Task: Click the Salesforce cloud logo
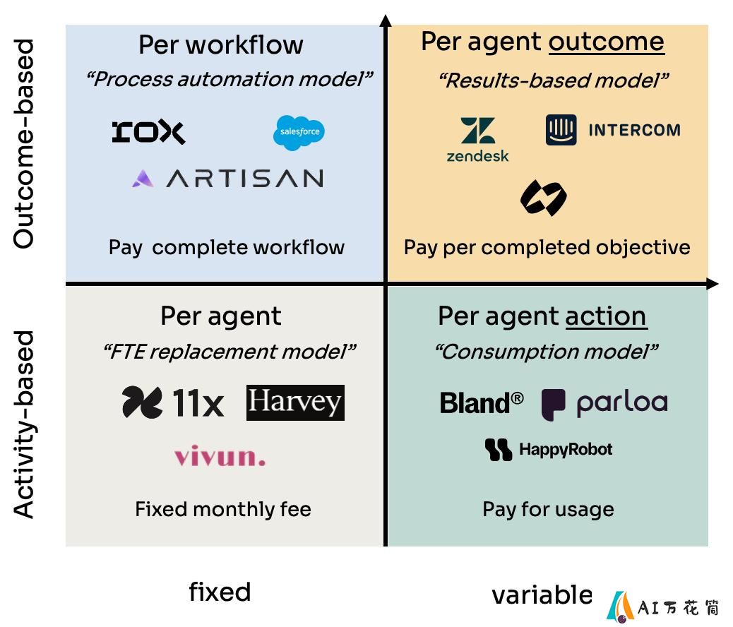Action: click(299, 133)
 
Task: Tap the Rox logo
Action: click(149, 132)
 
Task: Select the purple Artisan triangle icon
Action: click(143, 179)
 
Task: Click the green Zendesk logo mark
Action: click(477, 130)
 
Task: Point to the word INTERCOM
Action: click(634, 130)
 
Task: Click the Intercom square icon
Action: click(561, 129)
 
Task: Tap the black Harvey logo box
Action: click(295, 402)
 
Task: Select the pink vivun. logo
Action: click(220, 456)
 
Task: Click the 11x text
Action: click(198, 402)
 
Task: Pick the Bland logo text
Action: click(482, 402)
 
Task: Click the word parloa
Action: click(622, 403)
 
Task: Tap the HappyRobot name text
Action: click(566, 449)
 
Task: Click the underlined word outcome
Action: click(607, 42)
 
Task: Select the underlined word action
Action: click(606, 316)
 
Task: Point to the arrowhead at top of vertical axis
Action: click(386, 20)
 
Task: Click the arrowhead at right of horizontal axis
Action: click(713, 283)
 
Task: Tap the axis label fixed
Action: click(220, 592)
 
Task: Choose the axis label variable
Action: click(542, 595)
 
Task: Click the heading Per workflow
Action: click(220, 45)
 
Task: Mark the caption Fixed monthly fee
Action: click(223, 509)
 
